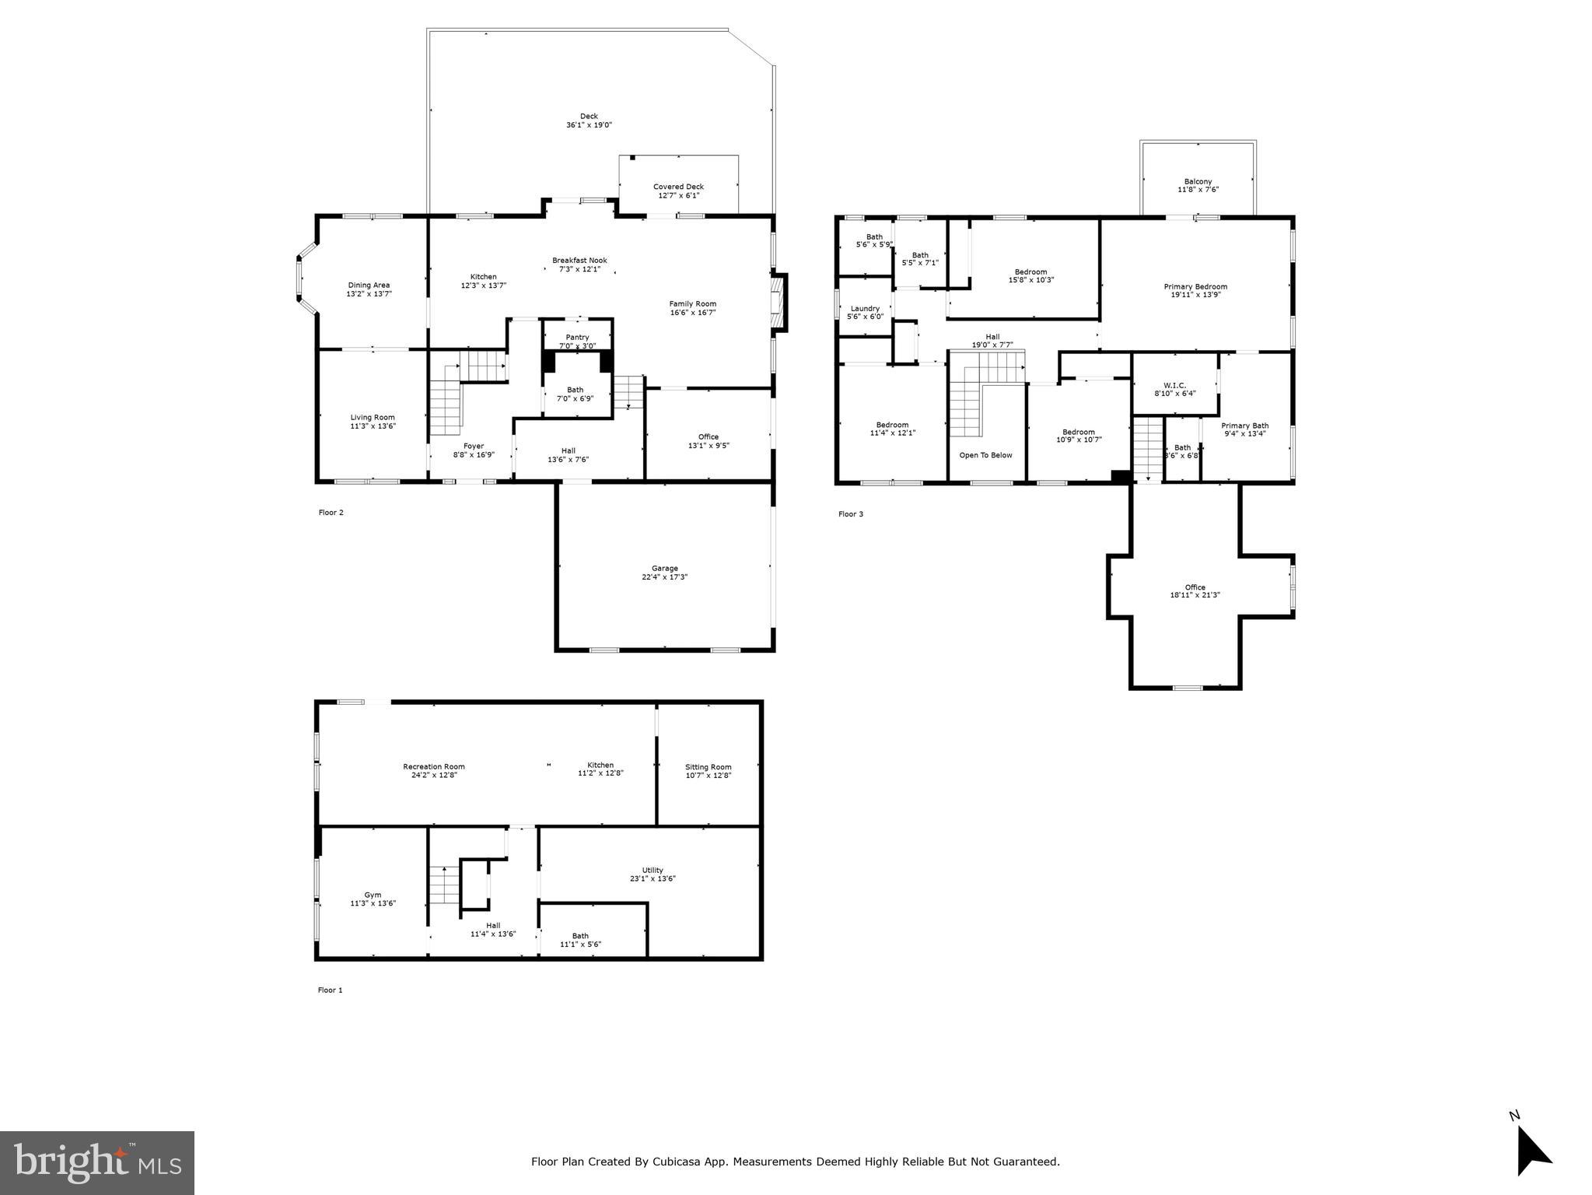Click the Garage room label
click(x=664, y=568)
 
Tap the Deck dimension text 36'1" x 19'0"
click(x=589, y=125)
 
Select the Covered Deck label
click(x=678, y=187)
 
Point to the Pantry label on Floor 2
click(x=577, y=337)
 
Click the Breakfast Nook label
click(x=579, y=261)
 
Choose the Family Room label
click(x=692, y=304)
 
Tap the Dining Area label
click(x=369, y=286)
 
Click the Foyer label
click(x=473, y=447)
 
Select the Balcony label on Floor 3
click(x=1198, y=181)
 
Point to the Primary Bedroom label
click(x=1195, y=286)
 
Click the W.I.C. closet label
click(x=1174, y=385)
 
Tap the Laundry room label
click(x=865, y=309)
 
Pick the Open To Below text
click(x=985, y=455)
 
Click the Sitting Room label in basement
click(x=708, y=767)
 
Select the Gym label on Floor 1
click(x=373, y=895)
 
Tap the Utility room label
click(x=653, y=871)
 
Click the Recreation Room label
click(x=433, y=767)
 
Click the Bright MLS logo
click(x=96, y=1162)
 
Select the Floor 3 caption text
click(x=850, y=514)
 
